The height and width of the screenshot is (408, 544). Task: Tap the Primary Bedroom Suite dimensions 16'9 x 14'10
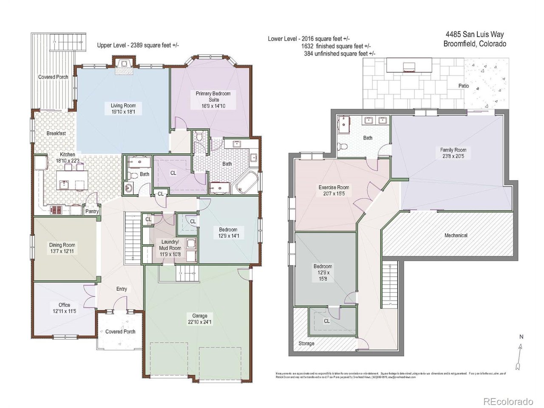click(x=213, y=106)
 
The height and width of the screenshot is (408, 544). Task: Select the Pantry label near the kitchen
click(x=92, y=211)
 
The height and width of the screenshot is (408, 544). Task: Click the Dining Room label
click(x=62, y=245)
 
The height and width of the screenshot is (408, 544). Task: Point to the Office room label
click(x=64, y=305)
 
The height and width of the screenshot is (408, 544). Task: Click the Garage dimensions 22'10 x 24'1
click(x=199, y=322)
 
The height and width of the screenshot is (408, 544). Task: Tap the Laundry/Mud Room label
click(x=170, y=245)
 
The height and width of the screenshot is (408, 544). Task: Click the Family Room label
click(x=453, y=150)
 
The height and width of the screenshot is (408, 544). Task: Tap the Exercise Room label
click(x=334, y=187)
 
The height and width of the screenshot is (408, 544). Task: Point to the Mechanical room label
click(x=456, y=235)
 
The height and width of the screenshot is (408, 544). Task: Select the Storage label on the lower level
click(x=306, y=343)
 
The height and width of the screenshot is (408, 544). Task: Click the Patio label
click(x=464, y=86)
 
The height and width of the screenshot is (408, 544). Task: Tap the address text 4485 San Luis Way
click(x=474, y=34)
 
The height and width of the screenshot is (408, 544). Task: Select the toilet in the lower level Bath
click(x=342, y=147)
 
